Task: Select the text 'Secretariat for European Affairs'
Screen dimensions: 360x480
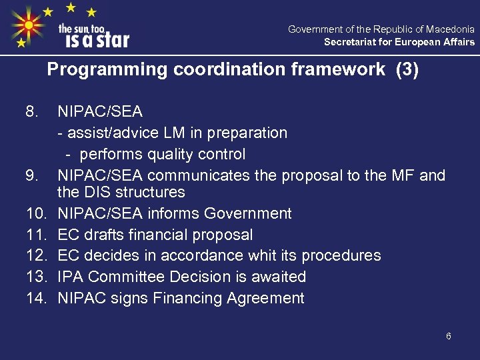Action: point(399,42)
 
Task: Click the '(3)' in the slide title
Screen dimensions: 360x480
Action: point(407,70)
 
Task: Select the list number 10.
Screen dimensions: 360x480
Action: point(35,213)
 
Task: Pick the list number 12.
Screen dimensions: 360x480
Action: point(35,255)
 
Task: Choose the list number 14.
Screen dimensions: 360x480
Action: point(35,298)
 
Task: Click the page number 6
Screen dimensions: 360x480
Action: point(449,336)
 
